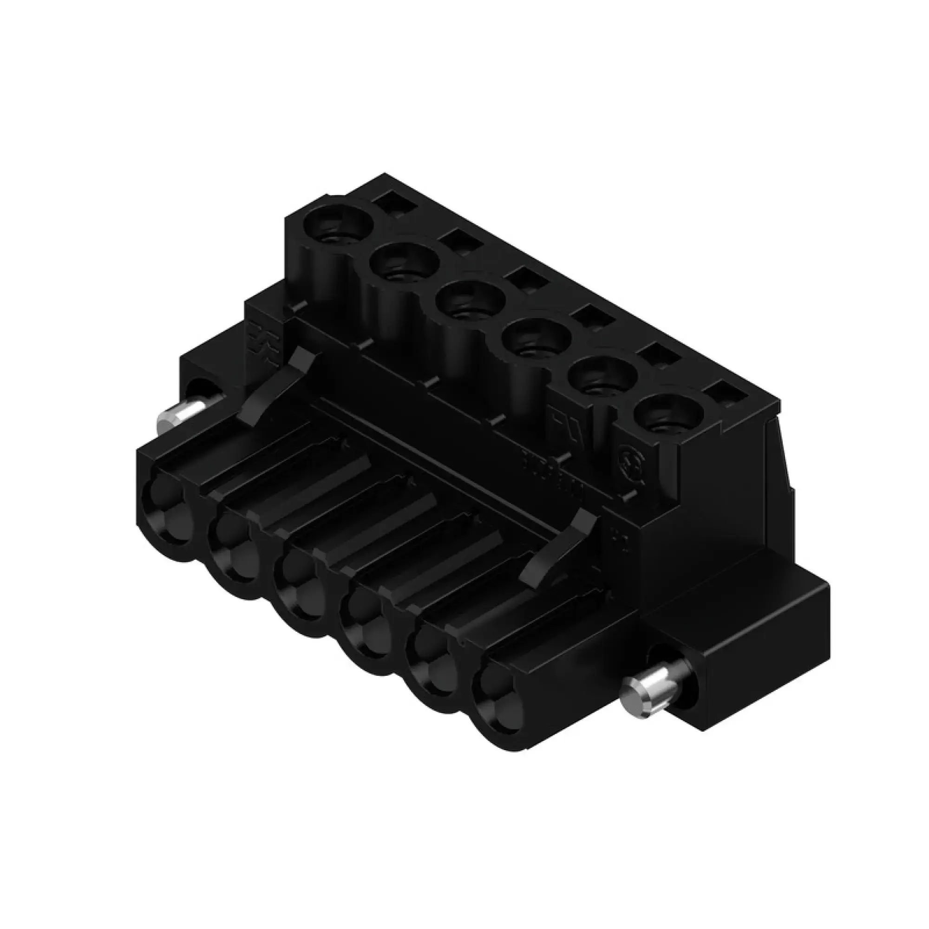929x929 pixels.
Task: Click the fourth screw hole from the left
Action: (x=536, y=342)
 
